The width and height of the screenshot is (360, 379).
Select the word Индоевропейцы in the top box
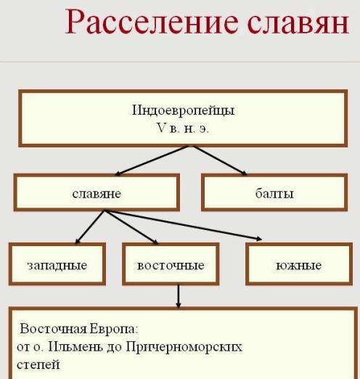pos(183,110)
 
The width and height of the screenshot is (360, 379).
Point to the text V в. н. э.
pos(183,128)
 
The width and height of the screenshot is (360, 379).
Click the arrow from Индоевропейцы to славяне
pos(152,160)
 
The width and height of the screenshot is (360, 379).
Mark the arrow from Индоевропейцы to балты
pos(220,160)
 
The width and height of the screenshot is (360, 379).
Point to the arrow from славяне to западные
pos(90,227)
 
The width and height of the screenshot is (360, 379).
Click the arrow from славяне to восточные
pos(131,227)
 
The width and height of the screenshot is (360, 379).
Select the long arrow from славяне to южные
pos(183,225)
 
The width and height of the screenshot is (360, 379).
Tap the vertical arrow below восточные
pos(179,296)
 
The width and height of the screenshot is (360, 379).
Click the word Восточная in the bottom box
pos(53,329)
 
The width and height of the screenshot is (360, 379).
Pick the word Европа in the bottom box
pos(114,329)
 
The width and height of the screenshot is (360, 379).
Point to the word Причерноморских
pos(184,348)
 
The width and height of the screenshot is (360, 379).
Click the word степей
pos(38,365)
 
